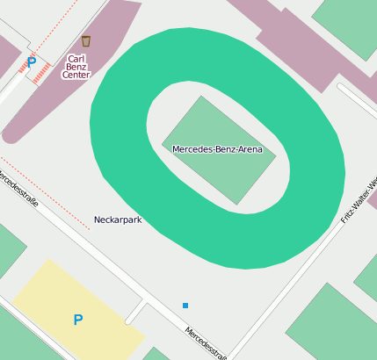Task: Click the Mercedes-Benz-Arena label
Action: coord(217,149)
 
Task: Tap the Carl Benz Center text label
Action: coord(76,68)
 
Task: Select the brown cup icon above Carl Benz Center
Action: coord(85,41)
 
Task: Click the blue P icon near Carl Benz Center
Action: coord(32,62)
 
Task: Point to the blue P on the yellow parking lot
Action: coord(78,320)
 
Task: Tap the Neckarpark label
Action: coord(118,220)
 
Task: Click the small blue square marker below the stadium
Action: coord(185,306)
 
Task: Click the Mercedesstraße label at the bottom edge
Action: coord(207,343)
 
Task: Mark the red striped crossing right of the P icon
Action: coord(41,73)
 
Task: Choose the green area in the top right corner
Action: coord(347,22)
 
